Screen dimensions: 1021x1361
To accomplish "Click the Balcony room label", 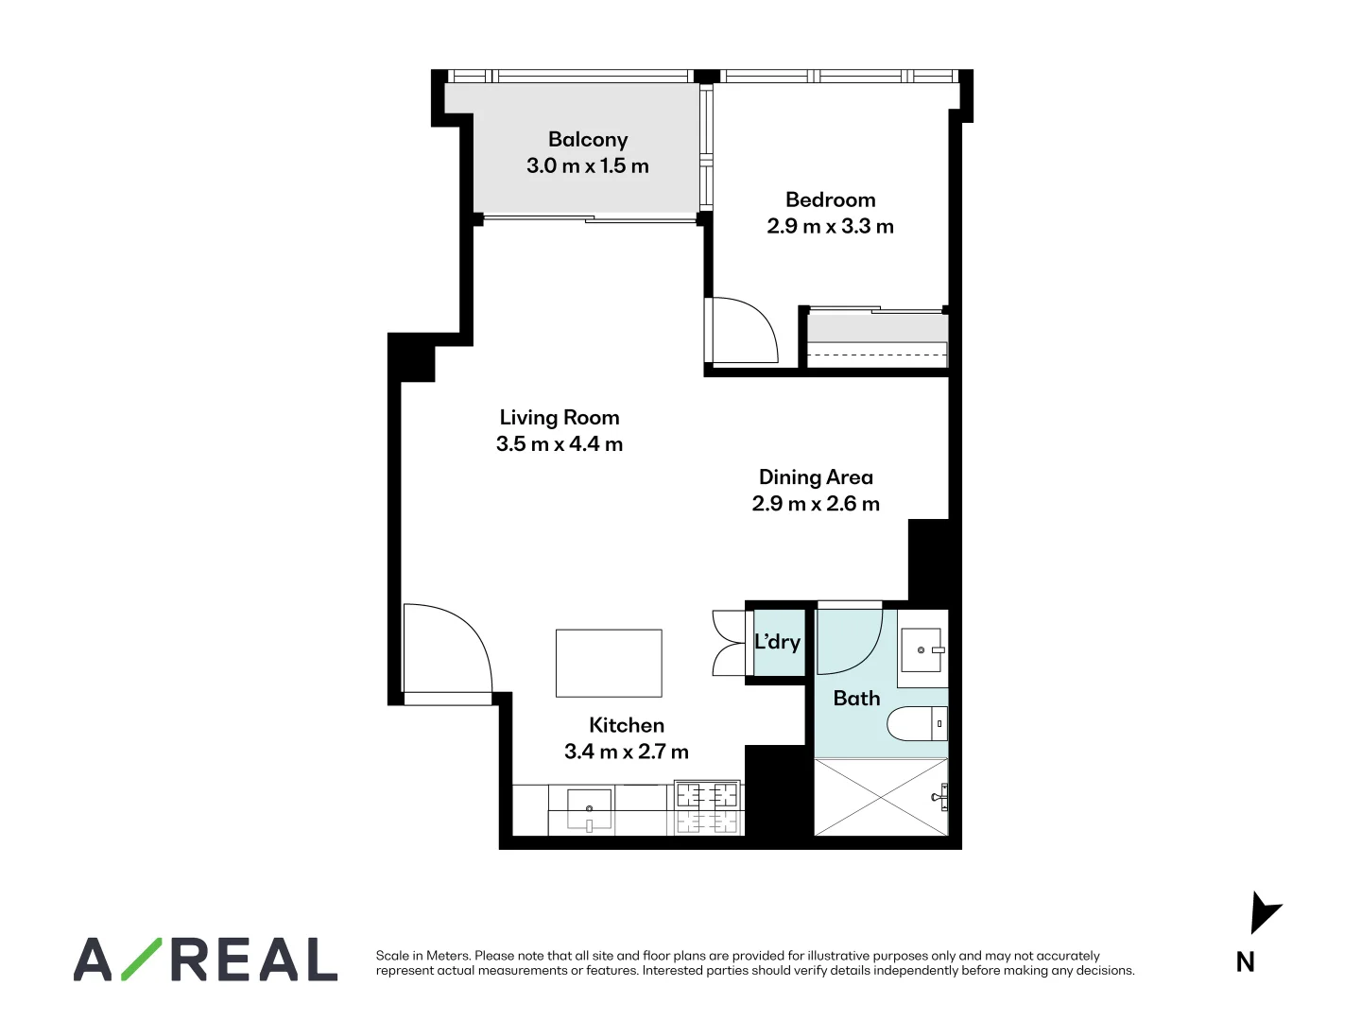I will (x=587, y=140).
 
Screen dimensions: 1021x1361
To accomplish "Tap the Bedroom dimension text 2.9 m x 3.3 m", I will (x=830, y=227).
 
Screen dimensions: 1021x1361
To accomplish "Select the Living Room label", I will (x=560, y=418).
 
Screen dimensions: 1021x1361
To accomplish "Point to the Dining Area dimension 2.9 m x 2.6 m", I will (x=816, y=504).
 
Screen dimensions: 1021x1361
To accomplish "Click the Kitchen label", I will (x=627, y=725).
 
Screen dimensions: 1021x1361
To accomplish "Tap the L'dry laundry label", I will (x=777, y=642).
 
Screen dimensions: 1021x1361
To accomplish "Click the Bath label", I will (x=856, y=699).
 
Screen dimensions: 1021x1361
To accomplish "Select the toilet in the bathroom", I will (x=916, y=724).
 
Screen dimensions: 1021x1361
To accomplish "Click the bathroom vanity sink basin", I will (x=921, y=650).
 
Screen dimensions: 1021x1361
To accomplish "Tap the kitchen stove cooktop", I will (x=707, y=809).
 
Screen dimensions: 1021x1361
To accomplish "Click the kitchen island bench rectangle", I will (x=609, y=664).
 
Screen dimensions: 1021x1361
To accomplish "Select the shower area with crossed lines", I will (x=881, y=797).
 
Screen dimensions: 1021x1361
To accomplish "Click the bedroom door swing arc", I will (x=747, y=330).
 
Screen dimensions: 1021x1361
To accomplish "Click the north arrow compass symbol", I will (x=1264, y=912).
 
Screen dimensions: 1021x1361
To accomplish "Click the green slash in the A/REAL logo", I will (x=141, y=959).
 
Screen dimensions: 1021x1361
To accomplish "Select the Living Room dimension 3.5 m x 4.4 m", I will (x=560, y=444).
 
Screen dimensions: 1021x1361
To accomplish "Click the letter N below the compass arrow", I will (x=1246, y=962).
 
